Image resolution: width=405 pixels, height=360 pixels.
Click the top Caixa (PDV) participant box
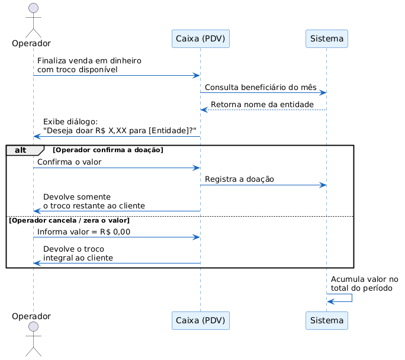(x=201, y=38)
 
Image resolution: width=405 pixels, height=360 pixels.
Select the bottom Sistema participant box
(x=326, y=320)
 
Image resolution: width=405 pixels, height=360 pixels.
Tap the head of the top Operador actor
(x=33, y=8)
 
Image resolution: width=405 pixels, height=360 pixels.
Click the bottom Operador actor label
(x=31, y=316)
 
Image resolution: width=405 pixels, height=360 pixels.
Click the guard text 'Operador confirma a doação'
(x=108, y=150)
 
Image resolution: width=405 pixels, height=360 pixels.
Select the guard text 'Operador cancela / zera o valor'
(x=69, y=220)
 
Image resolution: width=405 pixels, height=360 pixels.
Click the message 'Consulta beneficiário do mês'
(x=261, y=87)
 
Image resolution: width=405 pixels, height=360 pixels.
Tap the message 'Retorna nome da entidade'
(x=262, y=105)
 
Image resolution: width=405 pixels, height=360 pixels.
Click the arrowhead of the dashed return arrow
(x=204, y=110)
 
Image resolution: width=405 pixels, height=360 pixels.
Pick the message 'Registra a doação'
(x=239, y=179)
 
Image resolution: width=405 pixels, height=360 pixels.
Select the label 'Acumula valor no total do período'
(x=365, y=284)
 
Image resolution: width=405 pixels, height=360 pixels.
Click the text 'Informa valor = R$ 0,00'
(x=83, y=232)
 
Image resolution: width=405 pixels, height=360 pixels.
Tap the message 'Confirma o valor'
(x=69, y=162)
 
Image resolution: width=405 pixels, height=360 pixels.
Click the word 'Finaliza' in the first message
(x=51, y=60)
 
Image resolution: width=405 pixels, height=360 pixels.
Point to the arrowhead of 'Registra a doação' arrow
(x=323, y=185)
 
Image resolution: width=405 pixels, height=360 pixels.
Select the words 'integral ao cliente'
(x=78, y=258)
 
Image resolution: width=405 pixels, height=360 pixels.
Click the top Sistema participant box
(x=326, y=38)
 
